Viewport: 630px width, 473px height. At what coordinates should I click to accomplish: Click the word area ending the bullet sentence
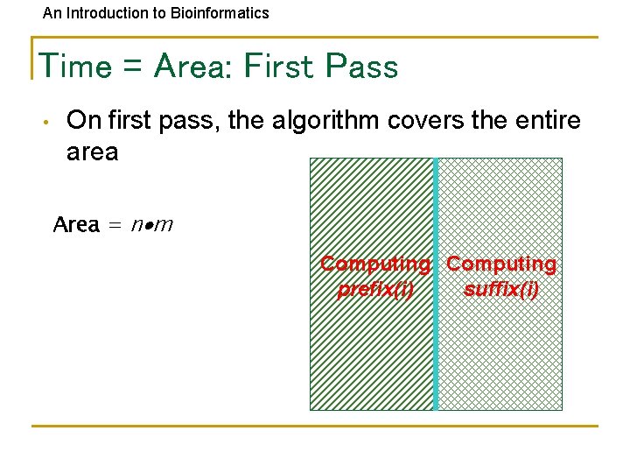tap(92, 152)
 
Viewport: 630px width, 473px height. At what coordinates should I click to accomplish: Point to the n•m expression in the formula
tap(152, 225)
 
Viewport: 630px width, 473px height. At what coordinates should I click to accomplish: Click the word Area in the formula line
tap(76, 225)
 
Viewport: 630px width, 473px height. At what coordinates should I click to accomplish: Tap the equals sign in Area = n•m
tap(115, 226)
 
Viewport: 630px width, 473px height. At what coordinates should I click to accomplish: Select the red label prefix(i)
tap(375, 289)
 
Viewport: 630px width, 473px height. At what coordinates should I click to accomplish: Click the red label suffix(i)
tap(501, 289)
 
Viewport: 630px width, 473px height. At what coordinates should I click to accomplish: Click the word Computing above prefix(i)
tap(375, 265)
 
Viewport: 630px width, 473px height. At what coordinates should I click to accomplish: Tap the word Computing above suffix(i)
tap(501, 265)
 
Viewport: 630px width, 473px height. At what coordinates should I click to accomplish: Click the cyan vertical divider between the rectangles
tap(436, 350)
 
